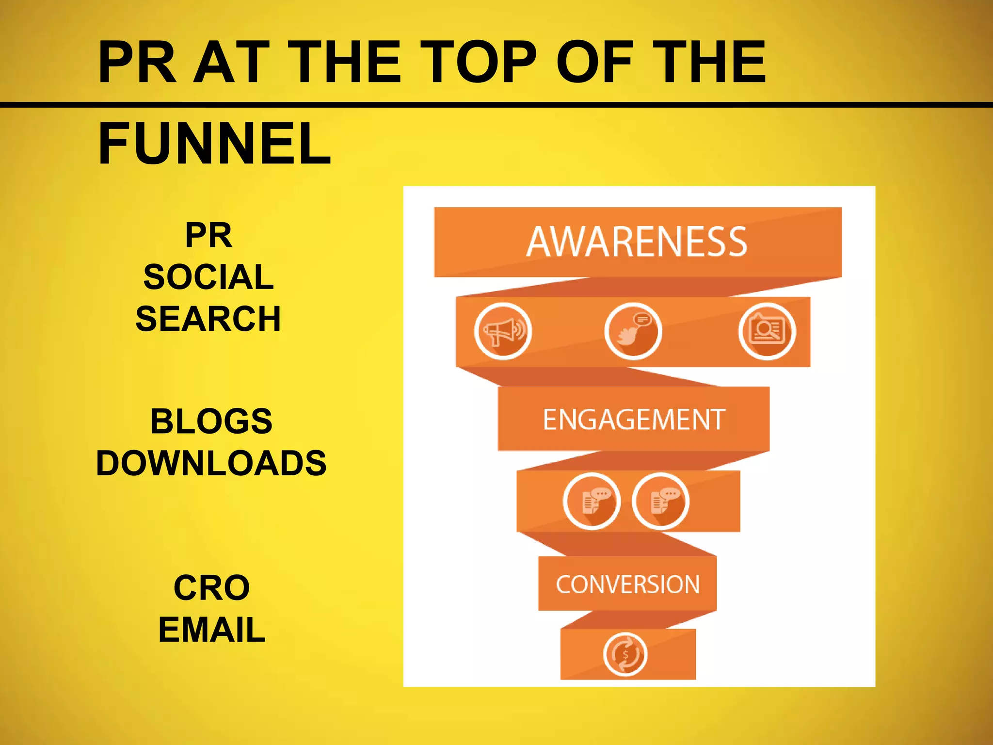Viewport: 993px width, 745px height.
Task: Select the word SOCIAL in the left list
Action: click(x=208, y=277)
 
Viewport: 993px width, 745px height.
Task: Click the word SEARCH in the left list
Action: click(x=208, y=319)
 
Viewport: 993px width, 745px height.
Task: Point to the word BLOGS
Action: click(x=211, y=421)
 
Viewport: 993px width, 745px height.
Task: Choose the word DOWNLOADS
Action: click(x=211, y=463)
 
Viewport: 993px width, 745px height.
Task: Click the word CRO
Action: click(x=211, y=588)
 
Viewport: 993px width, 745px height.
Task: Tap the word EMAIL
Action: click(x=211, y=630)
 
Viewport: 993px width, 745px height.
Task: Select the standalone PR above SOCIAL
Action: click(x=208, y=235)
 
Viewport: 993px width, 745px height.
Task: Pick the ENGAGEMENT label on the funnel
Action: click(x=634, y=420)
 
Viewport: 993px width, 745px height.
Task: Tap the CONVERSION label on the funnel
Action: click(x=627, y=584)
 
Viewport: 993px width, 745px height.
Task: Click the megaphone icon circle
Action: click(x=503, y=332)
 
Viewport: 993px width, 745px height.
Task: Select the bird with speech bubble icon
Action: click(x=633, y=332)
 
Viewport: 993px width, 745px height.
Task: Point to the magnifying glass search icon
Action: click(x=767, y=332)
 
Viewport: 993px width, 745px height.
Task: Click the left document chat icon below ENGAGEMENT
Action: click(x=592, y=501)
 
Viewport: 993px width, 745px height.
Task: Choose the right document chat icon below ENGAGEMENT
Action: click(x=660, y=501)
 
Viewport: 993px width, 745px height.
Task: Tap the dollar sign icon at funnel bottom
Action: click(x=625, y=654)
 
